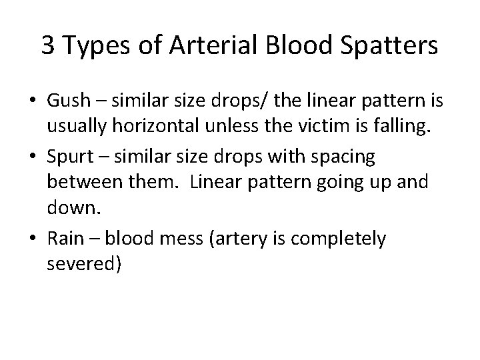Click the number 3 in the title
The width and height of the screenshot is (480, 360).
(x=48, y=45)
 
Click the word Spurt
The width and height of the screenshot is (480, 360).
(x=71, y=157)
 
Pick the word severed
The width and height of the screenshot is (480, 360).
(x=84, y=263)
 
